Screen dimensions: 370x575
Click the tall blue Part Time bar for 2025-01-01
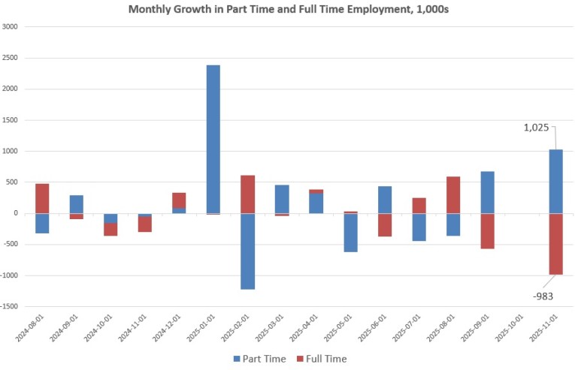213,139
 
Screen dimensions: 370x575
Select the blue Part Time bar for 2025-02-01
248,251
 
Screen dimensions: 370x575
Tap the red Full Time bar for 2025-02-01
248,194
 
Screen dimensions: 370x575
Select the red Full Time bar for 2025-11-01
555,244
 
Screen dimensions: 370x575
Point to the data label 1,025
538,128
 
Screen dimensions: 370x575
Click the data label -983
543,296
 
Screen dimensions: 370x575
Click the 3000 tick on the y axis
11,27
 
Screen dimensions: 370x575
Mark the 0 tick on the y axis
15,214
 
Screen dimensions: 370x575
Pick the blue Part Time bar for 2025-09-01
487,192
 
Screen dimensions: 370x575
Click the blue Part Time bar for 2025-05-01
350,233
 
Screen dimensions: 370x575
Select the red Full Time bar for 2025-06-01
385,225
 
